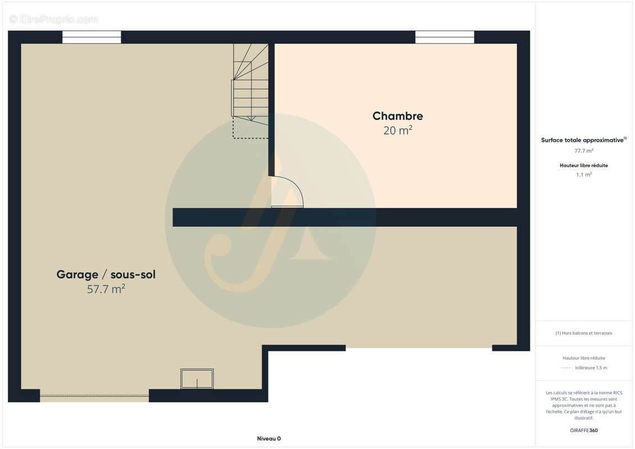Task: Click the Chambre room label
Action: pyautogui.click(x=398, y=116)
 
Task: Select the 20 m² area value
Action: pyautogui.click(x=398, y=131)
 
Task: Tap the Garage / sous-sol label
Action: pyautogui.click(x=106, y=274)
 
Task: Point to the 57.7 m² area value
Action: pyautogui.click(x=106, y=290)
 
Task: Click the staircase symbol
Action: pyautogui.click(x=251, y=84)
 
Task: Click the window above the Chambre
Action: pyautogui.click(x=445, y=37)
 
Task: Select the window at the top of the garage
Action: pyautogui.click(x=92, y=37)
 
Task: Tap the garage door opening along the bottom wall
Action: pyautogui.click(x=94, y=396)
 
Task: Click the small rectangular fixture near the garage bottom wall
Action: pyautogui.click(x=197, y=379)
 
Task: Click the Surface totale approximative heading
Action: pyautogui.click(x=583, y=140)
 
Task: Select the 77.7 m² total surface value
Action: pyautogui.click(x=584, y=150)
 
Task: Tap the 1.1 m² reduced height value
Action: pyautogui.click(x=584, y=175)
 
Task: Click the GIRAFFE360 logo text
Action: pyautogui.click(x=584, y=430)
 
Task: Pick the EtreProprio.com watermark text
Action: pyautogui.click(x=54, y=20)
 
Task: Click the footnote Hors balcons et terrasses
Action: pyautogui.click(x=584, y=333)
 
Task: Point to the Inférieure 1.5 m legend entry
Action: pyautogui.click(x=591, y=368)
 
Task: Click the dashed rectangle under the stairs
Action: pyautogui.click(x=250, y=129)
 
